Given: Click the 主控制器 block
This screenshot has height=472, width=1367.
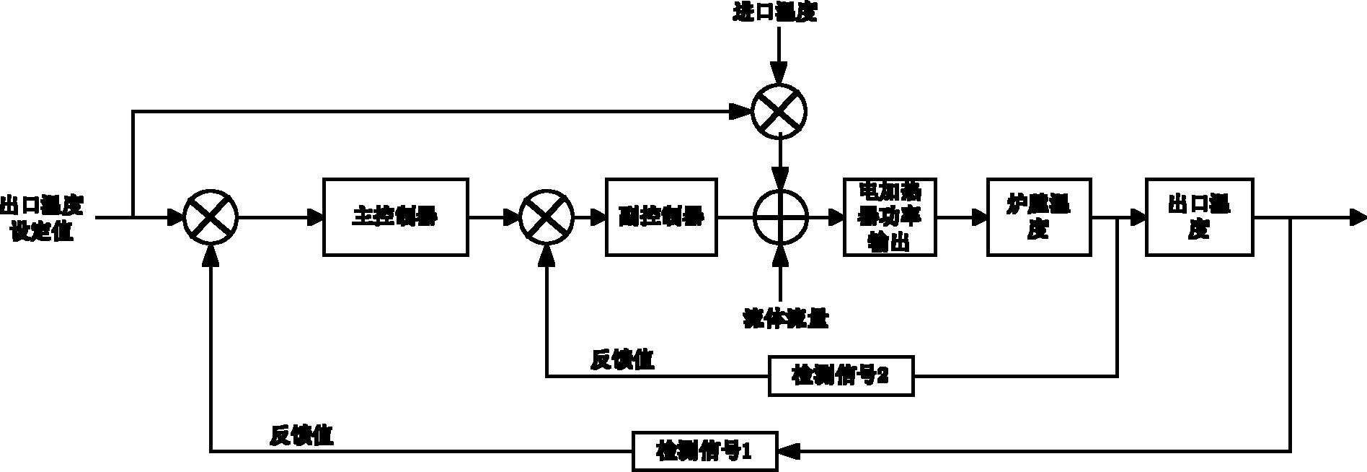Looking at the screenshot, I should [396, 217].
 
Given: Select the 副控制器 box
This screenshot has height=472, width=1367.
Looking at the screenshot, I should [661, 217].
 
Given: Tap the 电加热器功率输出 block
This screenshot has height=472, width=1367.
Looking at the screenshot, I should [890, 217].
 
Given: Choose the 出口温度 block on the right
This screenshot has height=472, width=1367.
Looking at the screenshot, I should [1199, 217].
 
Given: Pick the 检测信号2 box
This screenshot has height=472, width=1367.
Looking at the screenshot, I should [841, 375].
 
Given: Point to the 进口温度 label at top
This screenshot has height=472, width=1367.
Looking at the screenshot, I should [775, 13].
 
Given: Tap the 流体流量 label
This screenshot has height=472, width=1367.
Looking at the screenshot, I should [786, 318].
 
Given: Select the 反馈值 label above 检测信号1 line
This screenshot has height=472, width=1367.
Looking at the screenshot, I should [302, 435].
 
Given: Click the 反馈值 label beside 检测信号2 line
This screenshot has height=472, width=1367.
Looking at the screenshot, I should [623, 359].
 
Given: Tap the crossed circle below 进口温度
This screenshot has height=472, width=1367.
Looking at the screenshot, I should [779, 112].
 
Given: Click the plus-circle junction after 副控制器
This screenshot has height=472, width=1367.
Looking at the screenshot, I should [781, 217].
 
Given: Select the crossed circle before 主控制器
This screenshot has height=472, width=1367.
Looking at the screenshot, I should [210, 217].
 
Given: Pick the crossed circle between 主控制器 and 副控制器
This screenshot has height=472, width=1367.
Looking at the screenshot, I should [547, 217].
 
